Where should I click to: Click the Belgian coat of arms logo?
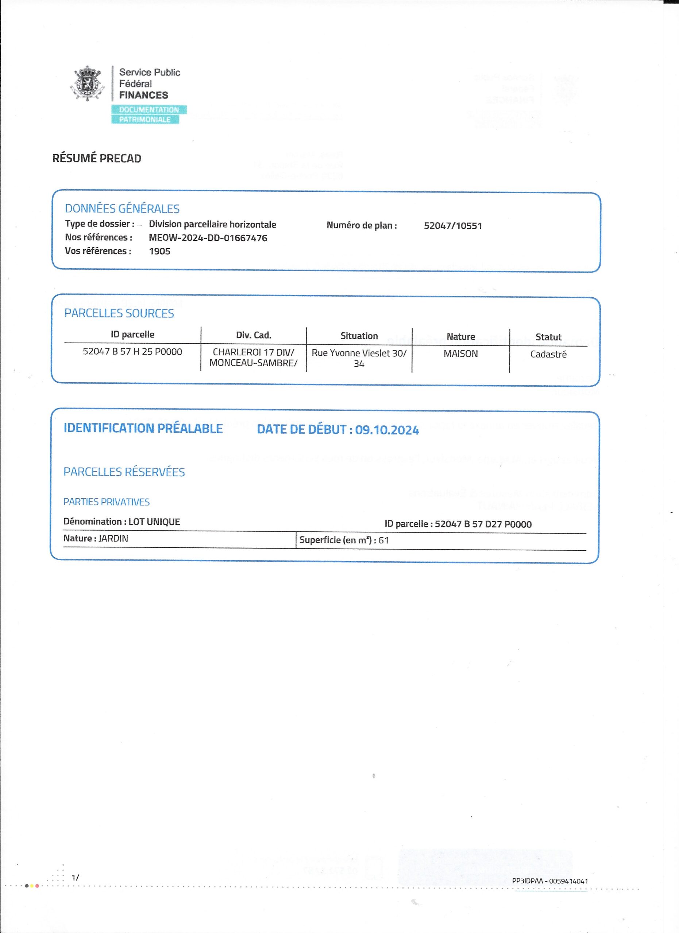87,83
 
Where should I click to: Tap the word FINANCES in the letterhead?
143,95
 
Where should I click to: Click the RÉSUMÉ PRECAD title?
97,159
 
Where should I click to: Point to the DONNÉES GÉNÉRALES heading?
122,208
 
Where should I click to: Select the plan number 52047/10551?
452,226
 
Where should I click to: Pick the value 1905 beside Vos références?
159,251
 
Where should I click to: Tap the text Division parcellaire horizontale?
212,224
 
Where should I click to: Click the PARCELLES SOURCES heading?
119,313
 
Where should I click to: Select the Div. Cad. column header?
254,335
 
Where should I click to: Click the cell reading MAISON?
460,354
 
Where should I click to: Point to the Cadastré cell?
548,354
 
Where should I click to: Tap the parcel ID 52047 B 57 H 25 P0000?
132,352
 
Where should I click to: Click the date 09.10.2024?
387,430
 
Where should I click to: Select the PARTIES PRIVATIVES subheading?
106,502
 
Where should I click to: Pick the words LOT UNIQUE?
154,522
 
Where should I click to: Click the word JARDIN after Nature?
113,539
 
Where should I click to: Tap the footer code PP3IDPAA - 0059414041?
550,881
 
